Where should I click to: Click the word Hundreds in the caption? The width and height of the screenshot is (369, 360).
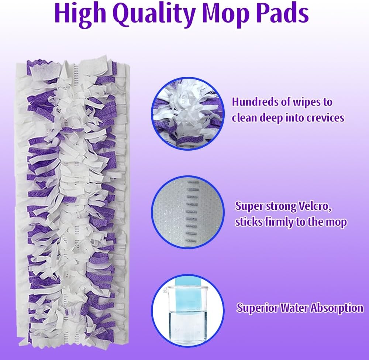tap(254, 102)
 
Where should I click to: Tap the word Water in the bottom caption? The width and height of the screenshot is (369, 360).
tap(293, 308)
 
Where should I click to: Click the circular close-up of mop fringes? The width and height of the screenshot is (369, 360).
tap(187, 114)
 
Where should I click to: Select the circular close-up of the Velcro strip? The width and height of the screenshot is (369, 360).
tap(187, 212)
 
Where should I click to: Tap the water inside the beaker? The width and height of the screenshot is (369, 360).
tap(187, 326)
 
